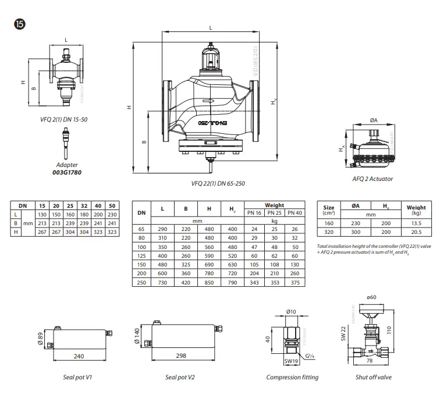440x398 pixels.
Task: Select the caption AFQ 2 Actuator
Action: point(372,179)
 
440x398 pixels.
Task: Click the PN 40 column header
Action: point(294,213)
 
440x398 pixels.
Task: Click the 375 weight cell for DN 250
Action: point(294,282)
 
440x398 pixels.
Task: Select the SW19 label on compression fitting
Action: point(292,361)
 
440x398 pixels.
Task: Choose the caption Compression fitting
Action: point(292,377)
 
